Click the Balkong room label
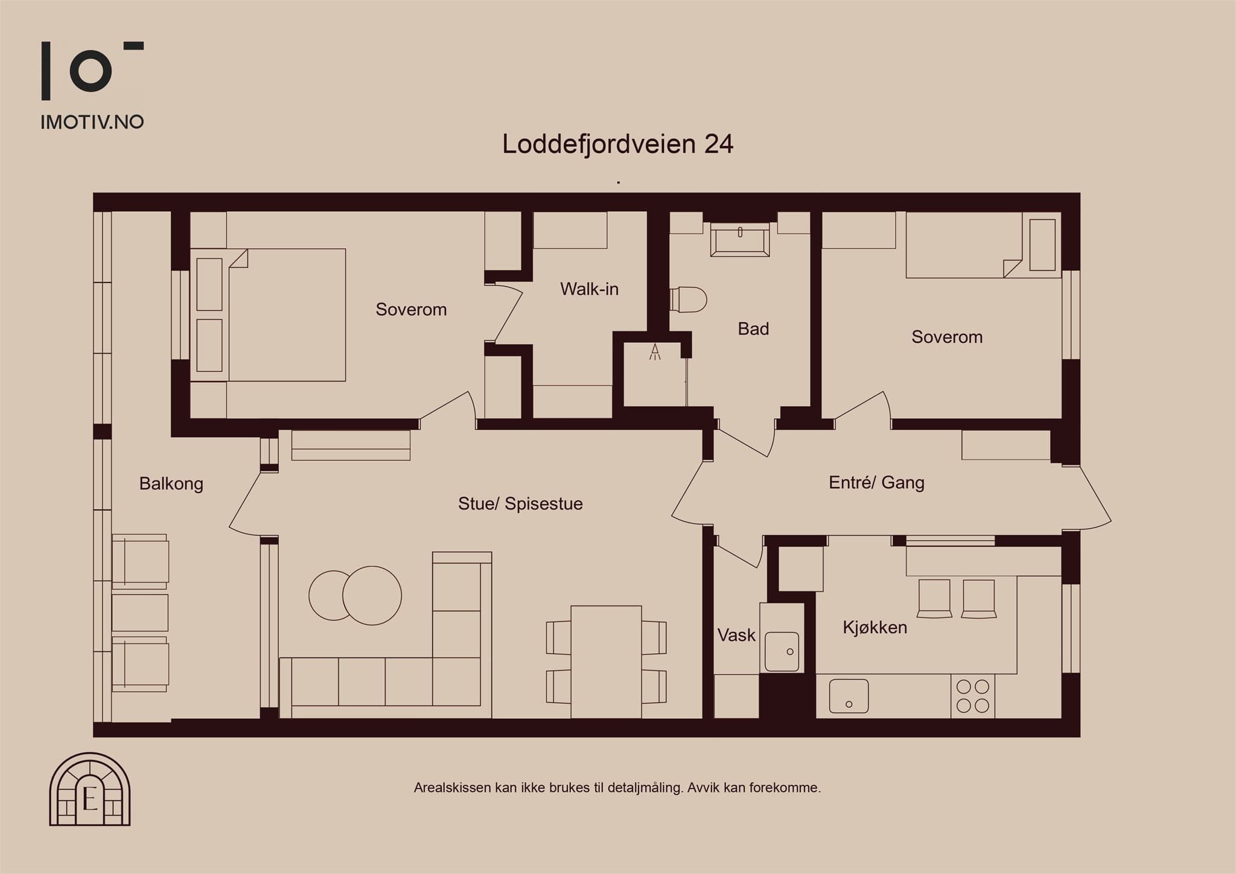(x=171, y=484)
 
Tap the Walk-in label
(x=589, y=289)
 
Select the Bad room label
(x=753, y=329)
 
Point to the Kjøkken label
(x=874, y=628)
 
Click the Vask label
(x=736, y=635)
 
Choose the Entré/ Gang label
(x=876, y=482)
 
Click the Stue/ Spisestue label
(x=520, y=504)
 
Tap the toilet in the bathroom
(x=689, y=299)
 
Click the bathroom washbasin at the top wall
(x=740, y=240)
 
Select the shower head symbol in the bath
(x=655, y=352)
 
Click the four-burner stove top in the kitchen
(x=973, y=696)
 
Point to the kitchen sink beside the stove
(x=849, y=696)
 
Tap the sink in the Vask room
(x=782, y=651)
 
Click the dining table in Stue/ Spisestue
(x=606, y=662)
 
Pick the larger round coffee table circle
(x=372, y=596)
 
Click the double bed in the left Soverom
(x=268, y=314)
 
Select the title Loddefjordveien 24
(x=618, y=144)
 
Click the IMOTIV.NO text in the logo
(x=92, y=122)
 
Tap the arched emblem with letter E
(x=90, y=789)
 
